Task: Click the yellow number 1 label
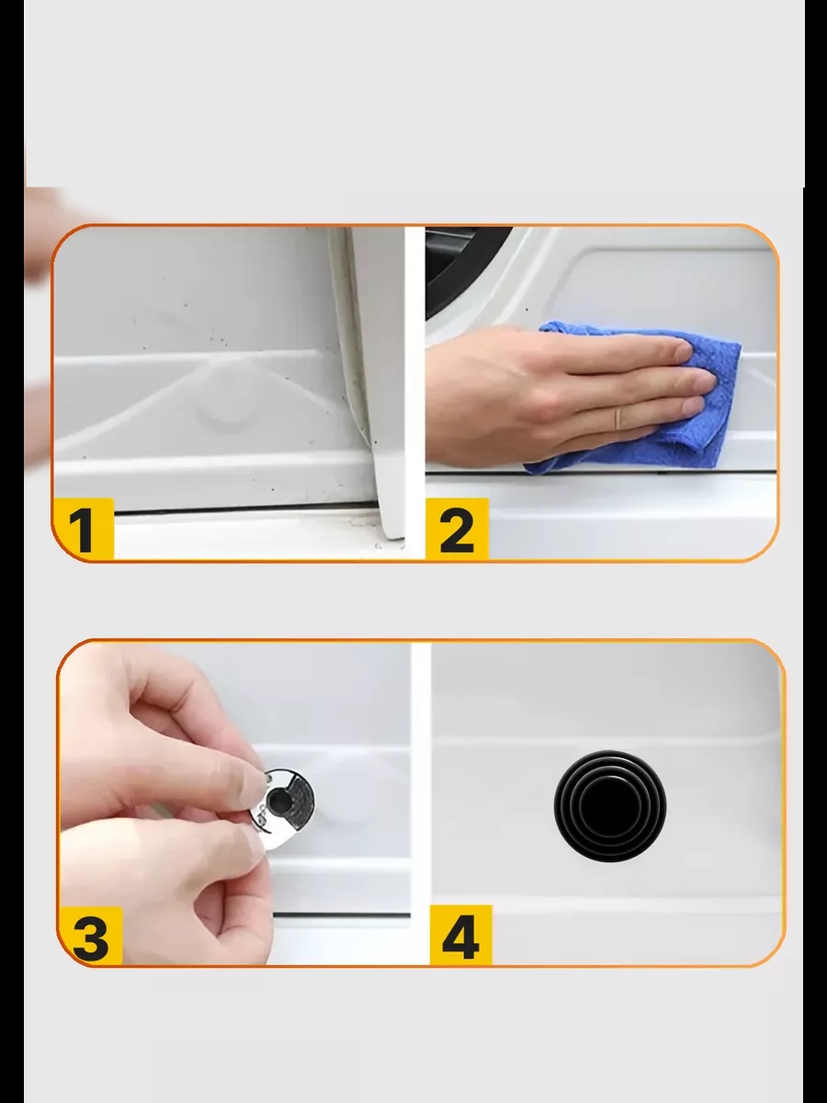coord(83,529)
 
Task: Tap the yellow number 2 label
coord(457,529)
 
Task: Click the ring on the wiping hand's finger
coord(619,417)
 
